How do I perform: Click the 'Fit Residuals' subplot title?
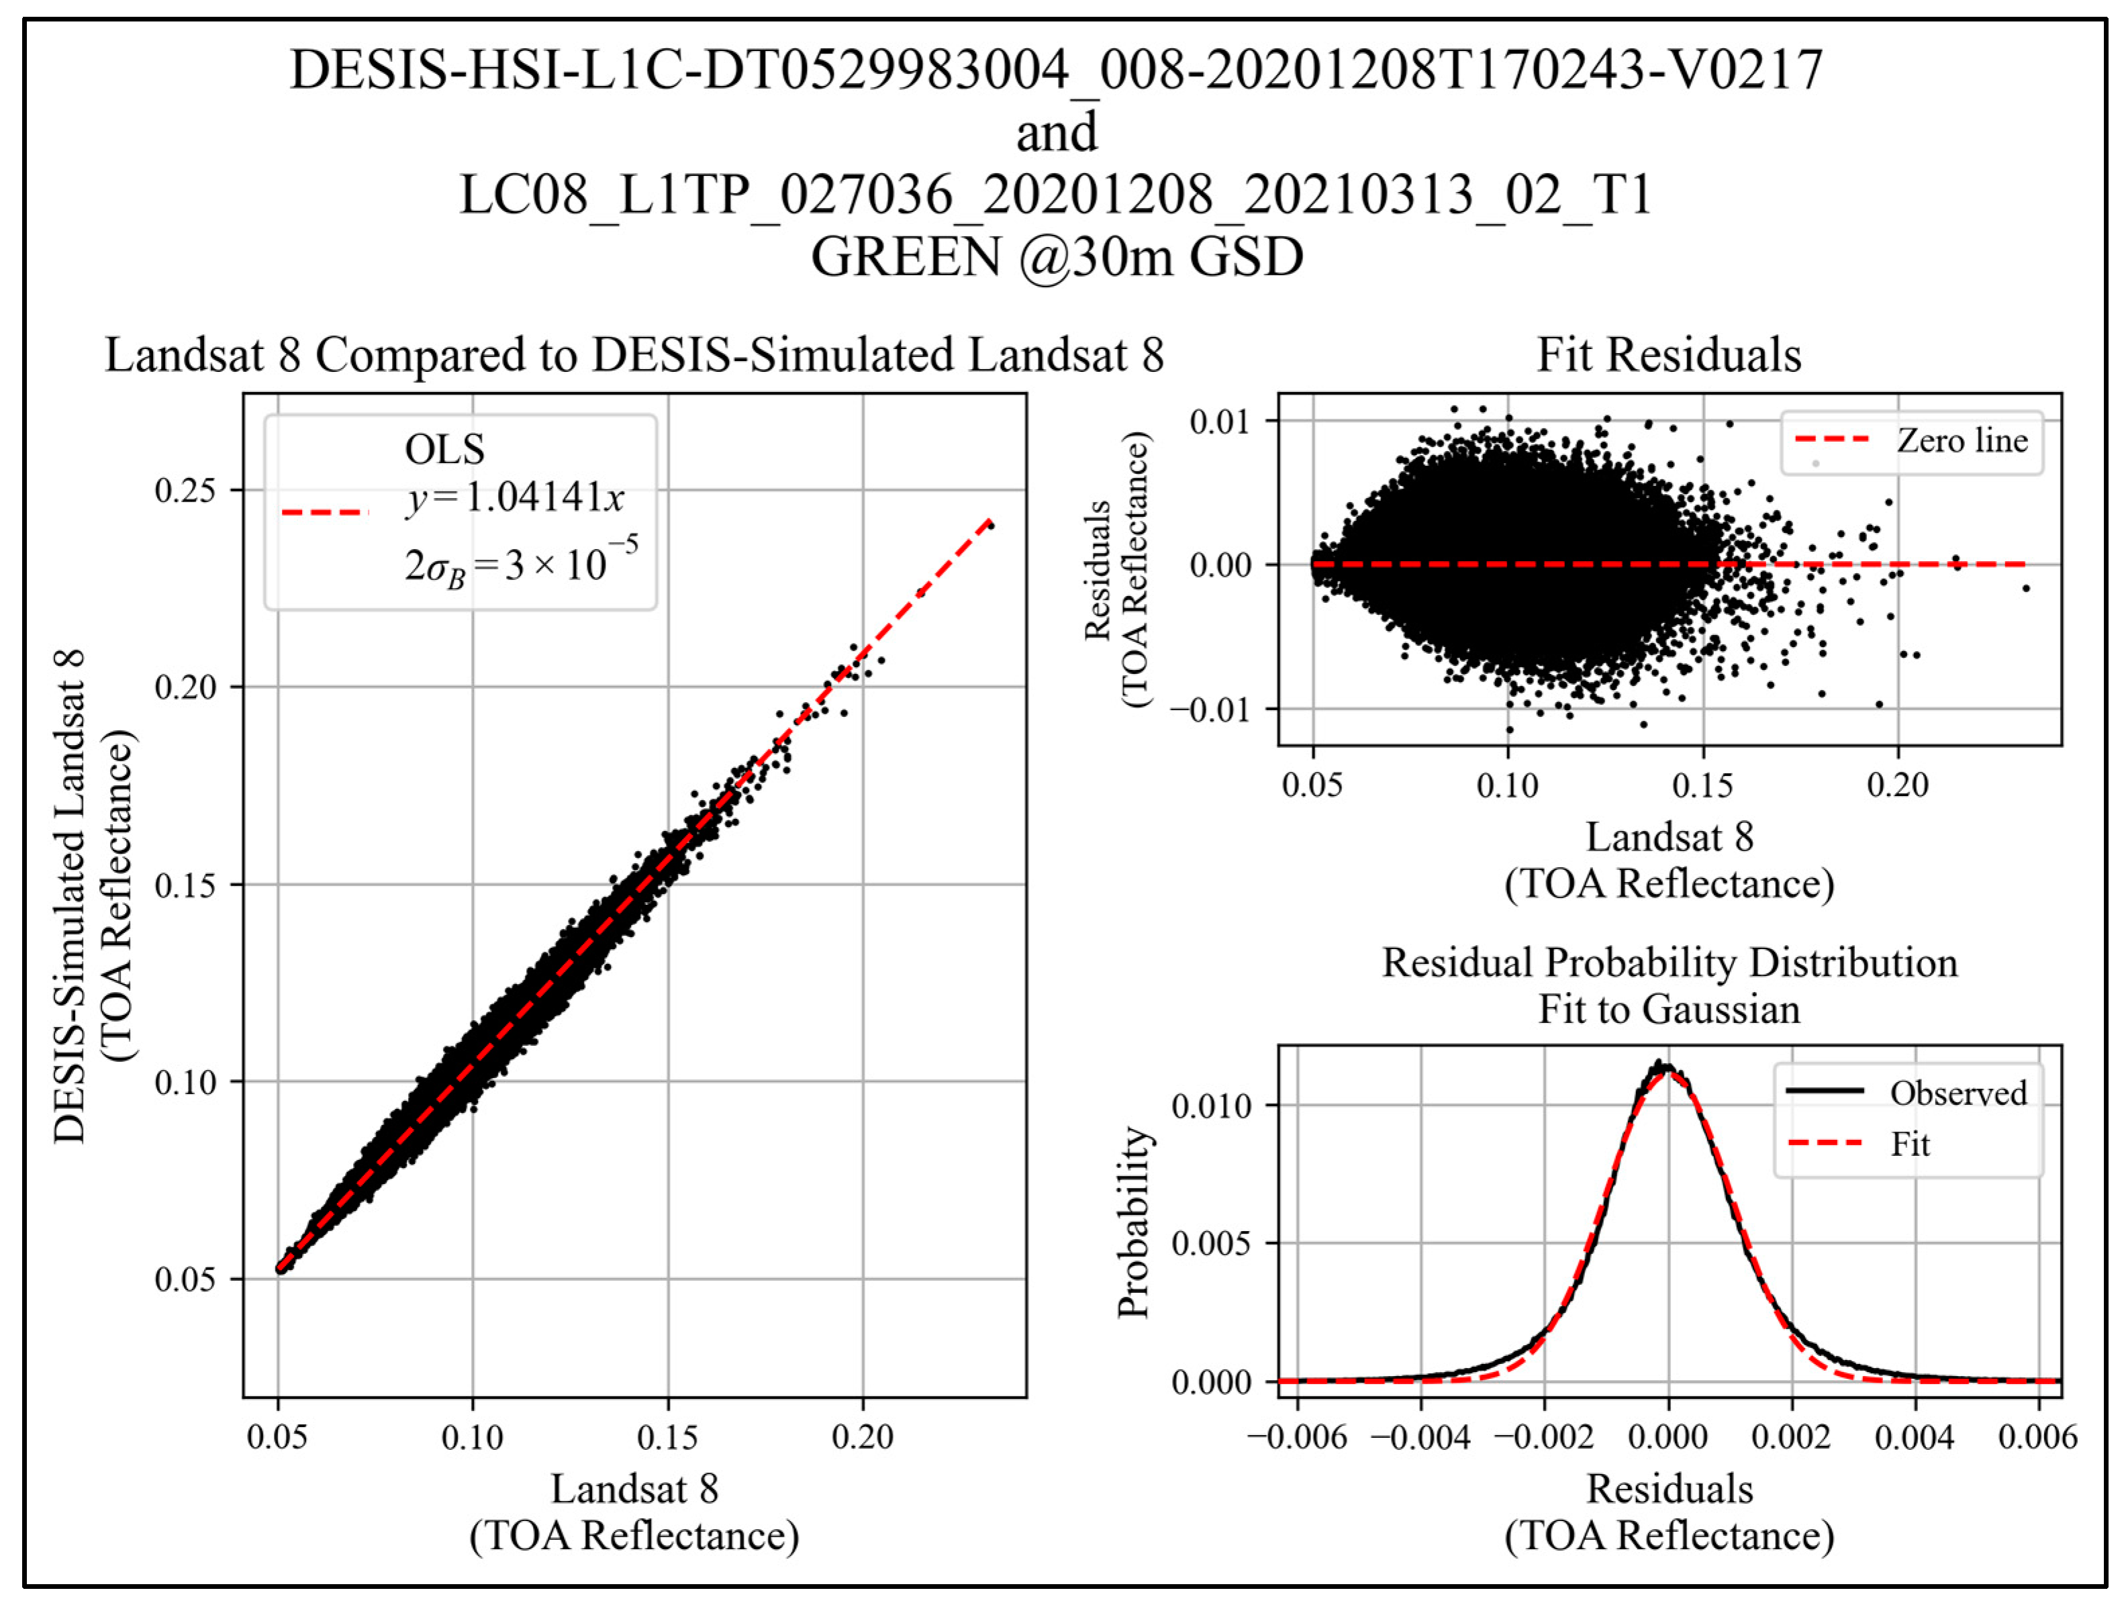[1669, 355]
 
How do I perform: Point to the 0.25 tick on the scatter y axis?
[185, 491]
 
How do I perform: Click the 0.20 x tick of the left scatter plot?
[861, 1437]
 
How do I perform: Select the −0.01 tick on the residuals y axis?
[1210, 710]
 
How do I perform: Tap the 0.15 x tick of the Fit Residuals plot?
[1702, 786]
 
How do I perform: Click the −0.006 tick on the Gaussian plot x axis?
[1297, 1437]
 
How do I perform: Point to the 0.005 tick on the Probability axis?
[1212, 1243]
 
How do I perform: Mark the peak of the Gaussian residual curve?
[1668, 1067]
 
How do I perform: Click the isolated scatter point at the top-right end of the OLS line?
[990, 525]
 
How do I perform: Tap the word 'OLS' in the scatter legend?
[444, 449]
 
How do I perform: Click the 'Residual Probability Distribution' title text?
[1669, 963]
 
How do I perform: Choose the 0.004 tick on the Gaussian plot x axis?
[1914, 1437]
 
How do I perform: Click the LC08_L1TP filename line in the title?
[1055, 196]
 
